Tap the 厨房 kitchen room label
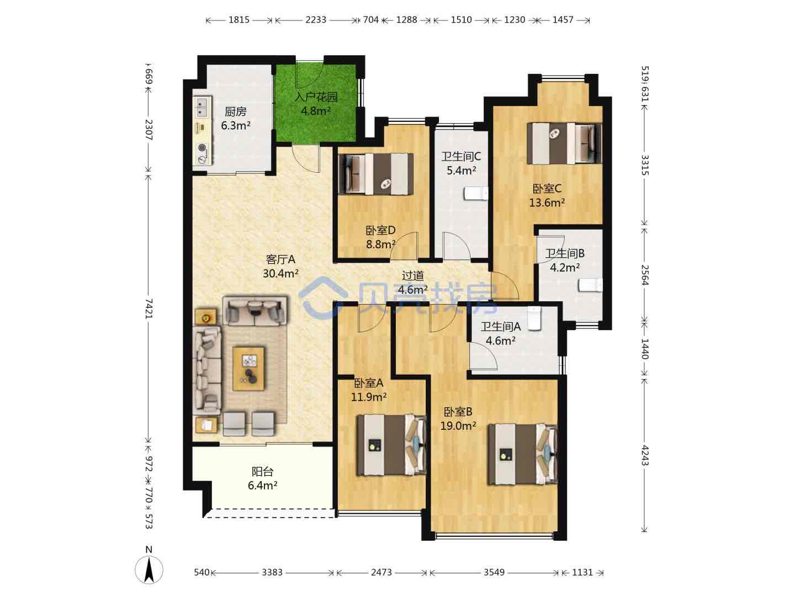[x=235, y=112]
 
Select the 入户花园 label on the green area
[x=316, y=97]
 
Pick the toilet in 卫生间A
[x=534, y=318]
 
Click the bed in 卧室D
[x=375, y=174]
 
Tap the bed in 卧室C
[x=564, y=143]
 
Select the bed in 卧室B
[x=523, y=454]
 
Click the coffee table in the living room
[x=248, y=369]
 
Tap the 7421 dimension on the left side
[x=149, y=308]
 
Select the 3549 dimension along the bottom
[x=494, y=572]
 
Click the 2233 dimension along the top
[x=315, y=20]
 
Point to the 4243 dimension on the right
[x=645, y=455]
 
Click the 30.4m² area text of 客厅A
[x=280, y=274]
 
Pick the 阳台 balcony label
[x=263, y=471]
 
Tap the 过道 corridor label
[x=412, y=276]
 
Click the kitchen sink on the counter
[x=202, y=107]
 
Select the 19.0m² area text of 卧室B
[x=458, y=426]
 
